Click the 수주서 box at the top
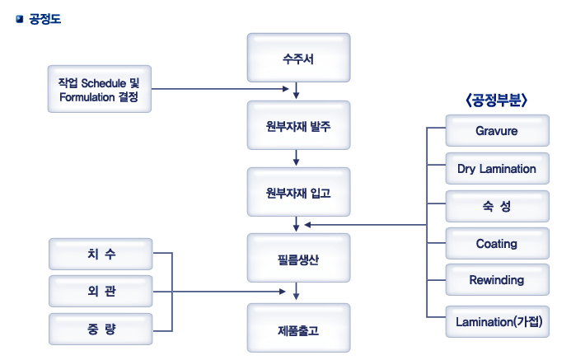click(298, 58)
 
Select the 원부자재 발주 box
click(298, 125)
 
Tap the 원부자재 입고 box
click(298, 192)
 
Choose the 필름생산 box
click(298, 259)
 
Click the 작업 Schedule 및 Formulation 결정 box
click(99, 89)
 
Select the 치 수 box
click(101, 254)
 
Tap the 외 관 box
click(101, 292)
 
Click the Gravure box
click(497, 131)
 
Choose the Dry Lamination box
click(497, 169)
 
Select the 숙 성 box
click(497, 206)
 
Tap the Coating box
click(497, 244)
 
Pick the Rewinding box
click(497, 280)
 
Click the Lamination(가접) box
click(497, 321)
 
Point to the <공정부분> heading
click(496, 100)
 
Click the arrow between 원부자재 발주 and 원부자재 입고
click(296, 157)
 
